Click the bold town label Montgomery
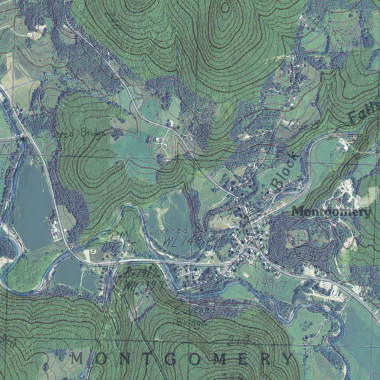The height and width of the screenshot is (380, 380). tap(331, 212)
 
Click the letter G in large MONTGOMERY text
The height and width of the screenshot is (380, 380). tap(170, 359)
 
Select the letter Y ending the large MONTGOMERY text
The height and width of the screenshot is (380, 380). tap(288, 359)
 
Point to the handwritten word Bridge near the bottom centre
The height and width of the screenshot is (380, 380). tap(191, 322)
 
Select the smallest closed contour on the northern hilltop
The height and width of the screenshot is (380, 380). tap(225, 7)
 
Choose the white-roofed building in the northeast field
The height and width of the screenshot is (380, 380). tap(344, 145)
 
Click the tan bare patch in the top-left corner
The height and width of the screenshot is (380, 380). tap(35, 34)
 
